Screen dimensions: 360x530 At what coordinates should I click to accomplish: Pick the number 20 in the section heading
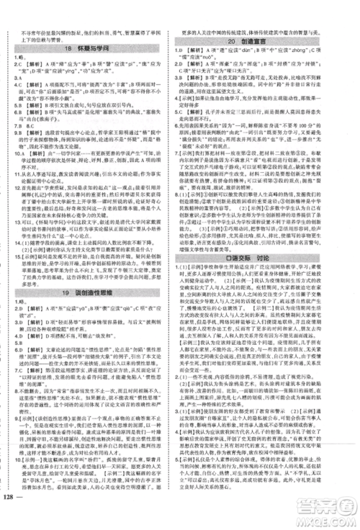pyautogui.click(x=243, y=42)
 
